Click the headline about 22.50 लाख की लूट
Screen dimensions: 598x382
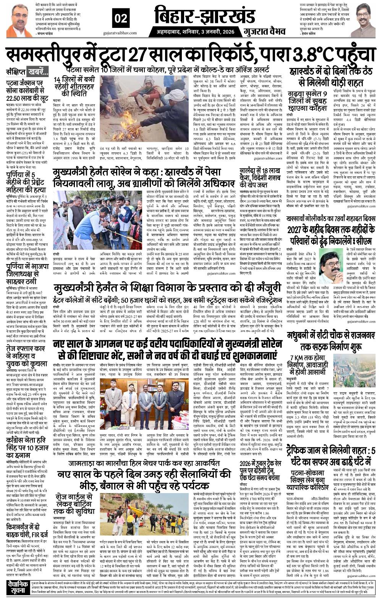pos(28,91)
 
